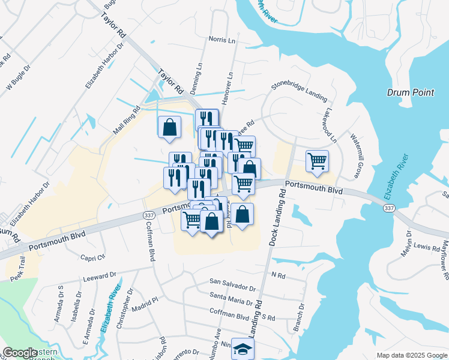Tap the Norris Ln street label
point(221,40)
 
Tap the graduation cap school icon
point(243,349)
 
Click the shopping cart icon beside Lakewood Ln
point(316,161)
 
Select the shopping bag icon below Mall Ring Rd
point(170,127)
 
